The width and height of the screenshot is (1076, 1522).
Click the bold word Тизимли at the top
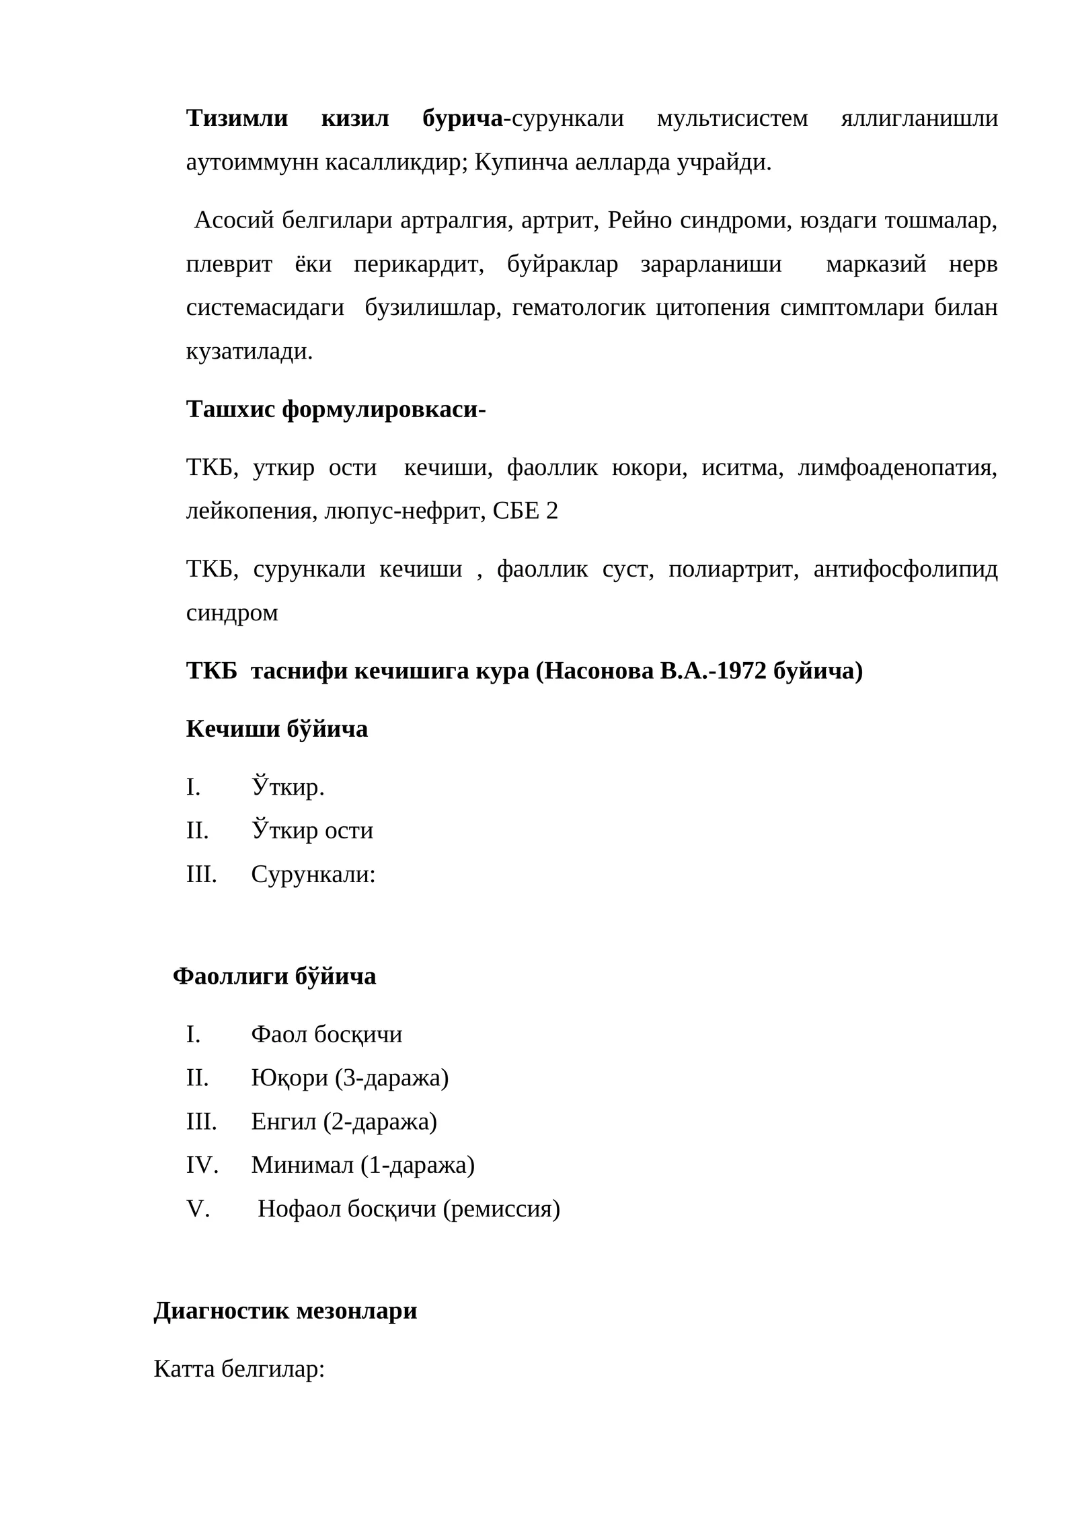click(237, 118)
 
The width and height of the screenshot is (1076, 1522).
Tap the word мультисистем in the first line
click(732, 118)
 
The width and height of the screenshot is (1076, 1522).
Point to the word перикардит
click(418, 264)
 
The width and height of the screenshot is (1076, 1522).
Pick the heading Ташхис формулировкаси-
click(336, 409)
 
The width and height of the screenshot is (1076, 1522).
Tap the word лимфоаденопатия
click(897, 467)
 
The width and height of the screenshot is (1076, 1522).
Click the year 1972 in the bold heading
click(742, 671)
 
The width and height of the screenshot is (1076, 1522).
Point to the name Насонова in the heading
click(598, 671)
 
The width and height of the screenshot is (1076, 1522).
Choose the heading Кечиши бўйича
click(276, 729)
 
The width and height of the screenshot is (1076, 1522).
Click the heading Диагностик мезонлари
click(285, 1310)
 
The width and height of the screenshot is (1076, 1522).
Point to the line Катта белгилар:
click(239, 1368)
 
